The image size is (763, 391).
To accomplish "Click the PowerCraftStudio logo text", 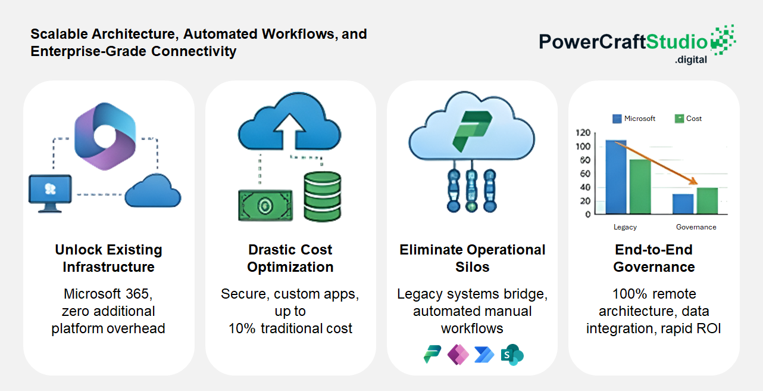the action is (623, 42).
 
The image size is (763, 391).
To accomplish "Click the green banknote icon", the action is (265, 206).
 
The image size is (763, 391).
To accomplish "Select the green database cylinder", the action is (322, 197).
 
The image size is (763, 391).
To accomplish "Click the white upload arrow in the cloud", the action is (289, 132).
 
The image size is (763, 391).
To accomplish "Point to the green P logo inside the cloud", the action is (472, 131).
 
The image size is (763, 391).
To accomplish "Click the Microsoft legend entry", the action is (634, 119).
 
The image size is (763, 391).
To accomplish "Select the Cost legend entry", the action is (688, 119).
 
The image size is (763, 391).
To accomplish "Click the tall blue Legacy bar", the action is (616, 177).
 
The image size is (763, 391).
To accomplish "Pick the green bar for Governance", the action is (707, 201).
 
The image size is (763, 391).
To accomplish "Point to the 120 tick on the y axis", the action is (583, 133).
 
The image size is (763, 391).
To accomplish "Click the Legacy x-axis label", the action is (625, 227).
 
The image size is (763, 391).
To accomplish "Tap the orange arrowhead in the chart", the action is (693, 181).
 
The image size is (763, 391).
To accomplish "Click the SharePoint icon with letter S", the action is (512, 355).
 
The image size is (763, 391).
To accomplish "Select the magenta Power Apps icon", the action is (458, 355).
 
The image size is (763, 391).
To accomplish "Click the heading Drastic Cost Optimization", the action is (290, 258).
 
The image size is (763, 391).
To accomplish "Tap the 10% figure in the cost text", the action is (242, 328).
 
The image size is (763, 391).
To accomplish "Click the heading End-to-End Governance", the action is (654, 258).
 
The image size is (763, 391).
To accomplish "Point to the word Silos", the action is (473, 267).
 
